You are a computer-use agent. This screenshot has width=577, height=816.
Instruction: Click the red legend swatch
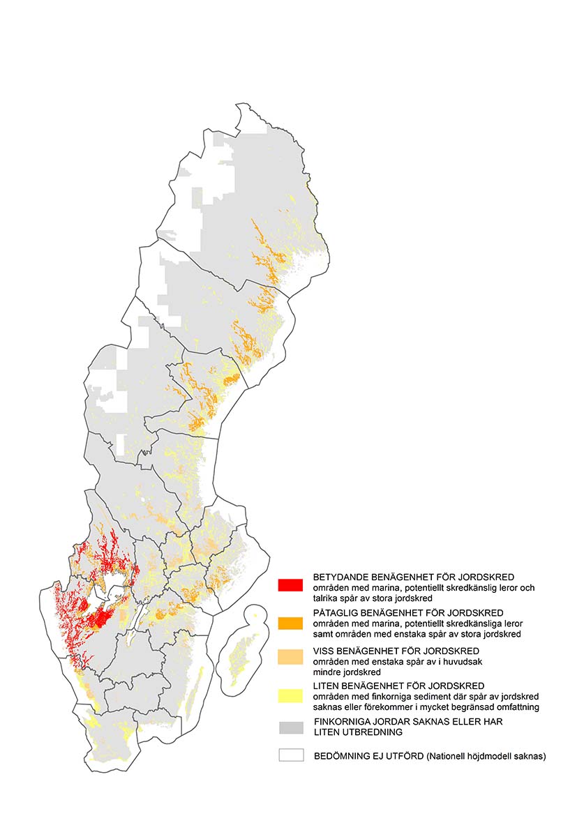pos(290,584)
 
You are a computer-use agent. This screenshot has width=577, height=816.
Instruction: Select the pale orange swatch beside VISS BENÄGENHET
pos(290,657)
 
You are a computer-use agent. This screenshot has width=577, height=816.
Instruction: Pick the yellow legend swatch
pos(290,695)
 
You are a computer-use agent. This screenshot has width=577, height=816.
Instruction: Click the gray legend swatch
pos(290,727)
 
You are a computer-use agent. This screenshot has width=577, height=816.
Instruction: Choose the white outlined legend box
pos(290,755)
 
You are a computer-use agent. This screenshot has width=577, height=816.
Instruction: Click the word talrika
pos(326,598)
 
